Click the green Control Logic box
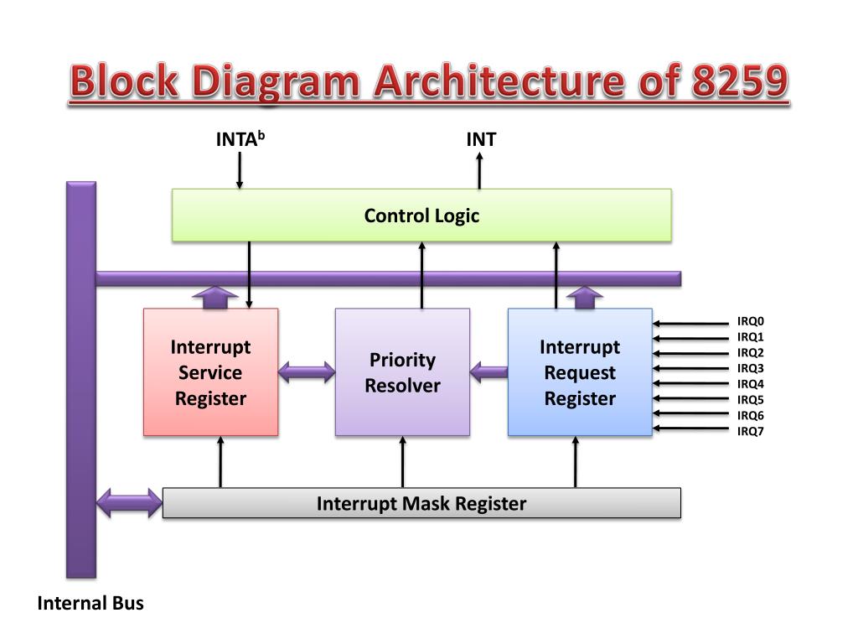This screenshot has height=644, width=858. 421,216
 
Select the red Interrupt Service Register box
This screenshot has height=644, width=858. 210,372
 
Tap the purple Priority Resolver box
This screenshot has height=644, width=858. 402,372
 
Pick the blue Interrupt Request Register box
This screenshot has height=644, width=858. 580,372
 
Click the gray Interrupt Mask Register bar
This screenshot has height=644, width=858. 421,503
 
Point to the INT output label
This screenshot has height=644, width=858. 481,139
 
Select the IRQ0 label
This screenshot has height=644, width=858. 751,321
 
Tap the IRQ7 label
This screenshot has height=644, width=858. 751,431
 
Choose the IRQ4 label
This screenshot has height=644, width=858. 751,384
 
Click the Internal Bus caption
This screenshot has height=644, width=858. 90,603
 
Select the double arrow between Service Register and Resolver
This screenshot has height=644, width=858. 307,371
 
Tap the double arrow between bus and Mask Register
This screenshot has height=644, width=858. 129,503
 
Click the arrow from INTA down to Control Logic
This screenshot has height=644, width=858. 240,171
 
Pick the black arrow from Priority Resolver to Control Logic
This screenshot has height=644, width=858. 421,275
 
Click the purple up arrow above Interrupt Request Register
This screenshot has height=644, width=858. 585,298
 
